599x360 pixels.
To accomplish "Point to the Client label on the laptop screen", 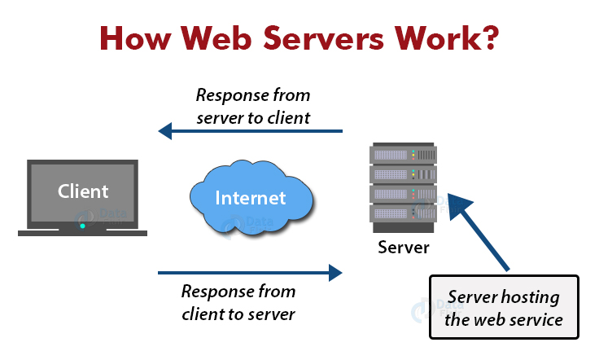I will tap(83, 191).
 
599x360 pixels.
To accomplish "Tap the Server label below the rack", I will tap(403, 247).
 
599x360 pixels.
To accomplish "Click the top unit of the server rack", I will tap(403, 153).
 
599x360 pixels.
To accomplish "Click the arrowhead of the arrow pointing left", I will tap(165, 130).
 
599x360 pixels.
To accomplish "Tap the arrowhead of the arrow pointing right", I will tap(334, 273).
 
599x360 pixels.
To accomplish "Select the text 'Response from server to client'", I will tap(252, 106).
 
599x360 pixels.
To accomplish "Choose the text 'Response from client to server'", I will tap(238, 301).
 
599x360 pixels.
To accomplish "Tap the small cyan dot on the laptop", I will tap(82, 225).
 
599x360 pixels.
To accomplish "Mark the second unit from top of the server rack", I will tap(403, 173).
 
